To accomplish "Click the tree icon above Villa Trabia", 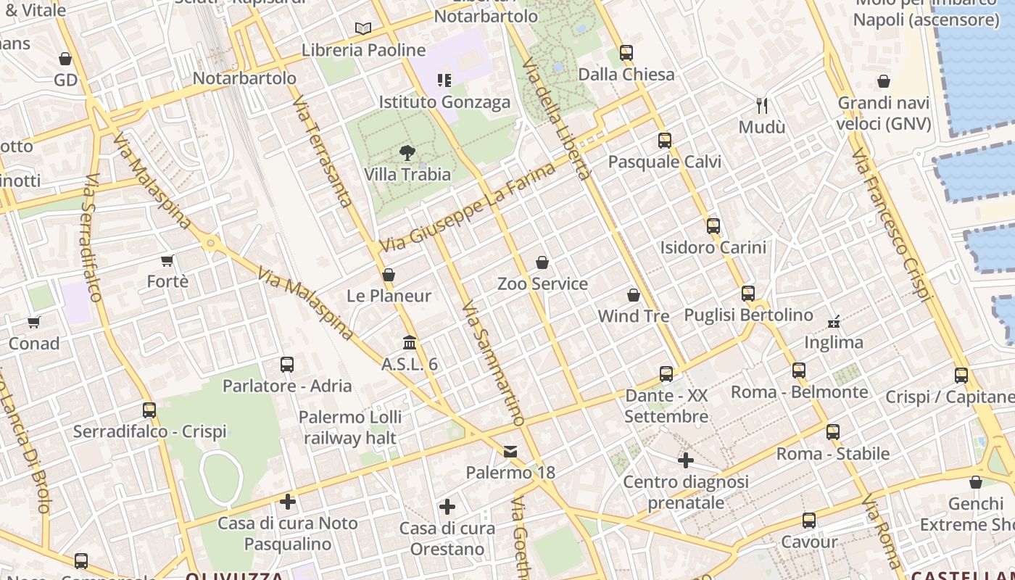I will (407, 153).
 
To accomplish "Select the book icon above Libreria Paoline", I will (363, 29).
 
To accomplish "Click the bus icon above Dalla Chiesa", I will (626, 53).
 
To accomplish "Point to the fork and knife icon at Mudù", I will (762, 106).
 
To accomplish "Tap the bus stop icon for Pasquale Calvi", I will (665, 141).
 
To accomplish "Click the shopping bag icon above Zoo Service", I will (542, 262).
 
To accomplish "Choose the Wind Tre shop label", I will (633, 316).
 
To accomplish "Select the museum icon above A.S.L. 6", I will (410, 342).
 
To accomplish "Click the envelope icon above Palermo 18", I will (510, 452).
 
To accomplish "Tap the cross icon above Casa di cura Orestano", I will (447, 507).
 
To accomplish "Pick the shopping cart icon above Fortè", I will (167, 260).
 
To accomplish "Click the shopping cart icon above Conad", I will (34, 322).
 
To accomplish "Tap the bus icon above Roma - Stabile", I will (833, 432).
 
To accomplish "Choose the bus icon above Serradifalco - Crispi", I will (149, 410).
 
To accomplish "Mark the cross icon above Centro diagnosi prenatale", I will (686, 460).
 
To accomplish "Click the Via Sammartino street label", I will (492, 362).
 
